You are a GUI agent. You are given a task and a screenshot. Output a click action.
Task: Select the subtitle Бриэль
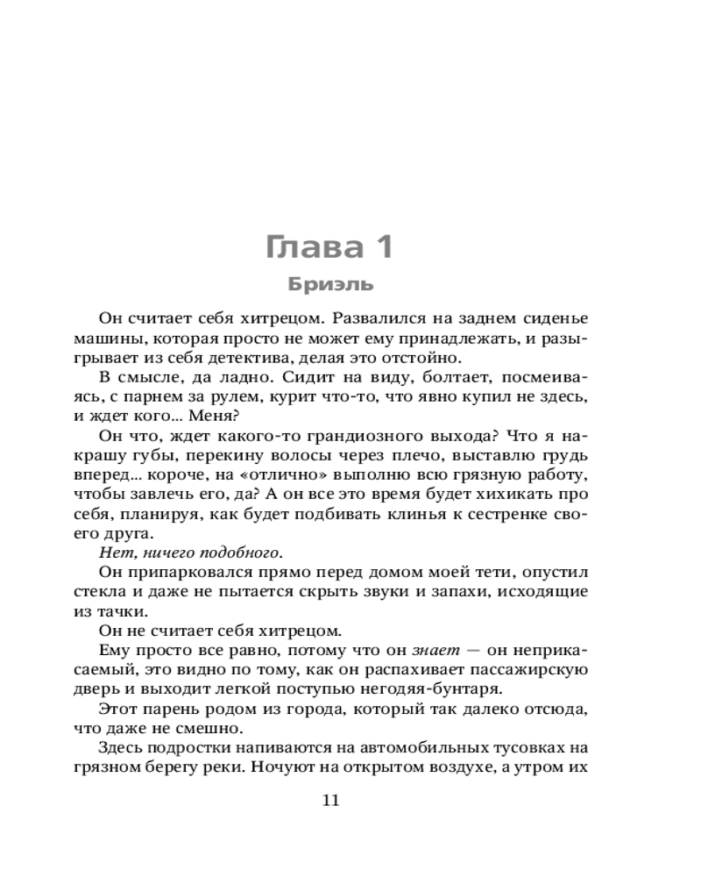331,284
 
